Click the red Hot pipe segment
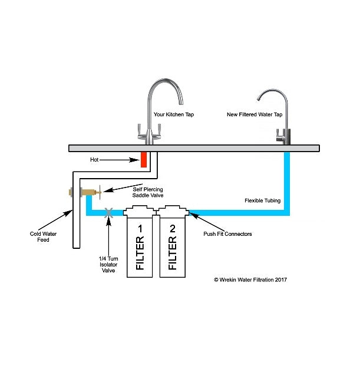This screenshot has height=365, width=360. tap(143, 159)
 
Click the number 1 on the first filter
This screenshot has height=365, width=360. tap(140, 227)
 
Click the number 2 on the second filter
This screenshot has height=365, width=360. tap(172, 227)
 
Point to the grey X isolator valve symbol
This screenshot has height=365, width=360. tap(109, 212)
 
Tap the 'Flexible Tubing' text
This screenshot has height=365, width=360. tap(262, 200)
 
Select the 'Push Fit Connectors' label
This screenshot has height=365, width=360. tap(227, 234)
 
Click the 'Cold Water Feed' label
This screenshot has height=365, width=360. tap(43, 236)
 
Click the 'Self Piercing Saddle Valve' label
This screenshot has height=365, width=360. tap(148, 192)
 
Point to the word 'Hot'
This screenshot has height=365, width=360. tap(94, 159)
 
